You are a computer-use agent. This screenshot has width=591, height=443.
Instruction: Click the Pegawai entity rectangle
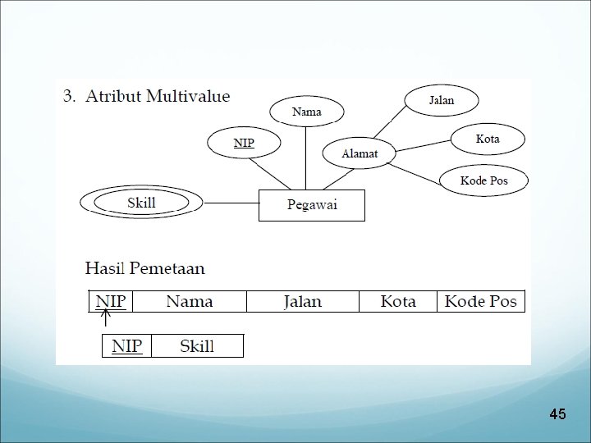pyautogui.click(x=311, y=205)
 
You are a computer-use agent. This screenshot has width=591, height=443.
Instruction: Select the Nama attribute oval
pyautogui.click(x=307, y=112)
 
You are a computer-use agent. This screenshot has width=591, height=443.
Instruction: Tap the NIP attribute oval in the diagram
pyautogui.click(x=243, y=144)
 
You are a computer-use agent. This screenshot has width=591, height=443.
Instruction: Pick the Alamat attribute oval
pyautogui.click(x=358, y=153)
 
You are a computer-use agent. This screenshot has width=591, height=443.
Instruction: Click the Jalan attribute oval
pyautogui.click(x=441, y=101)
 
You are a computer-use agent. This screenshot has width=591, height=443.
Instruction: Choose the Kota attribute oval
pyautogui.click(x=487, y=139)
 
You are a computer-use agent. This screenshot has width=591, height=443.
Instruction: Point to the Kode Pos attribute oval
pyautogui.click(x=483, y=180)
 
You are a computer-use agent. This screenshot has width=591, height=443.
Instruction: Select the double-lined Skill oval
pyautogui.click(x=141, y=203)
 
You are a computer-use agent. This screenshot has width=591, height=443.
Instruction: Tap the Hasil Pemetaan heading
pyautogui.click(x=145, y=268)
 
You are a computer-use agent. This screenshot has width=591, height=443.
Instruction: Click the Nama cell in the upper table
pyautogui.click(x=190, y=301)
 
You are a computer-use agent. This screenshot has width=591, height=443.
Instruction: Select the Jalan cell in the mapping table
pyautogui.click(x=302, y=301)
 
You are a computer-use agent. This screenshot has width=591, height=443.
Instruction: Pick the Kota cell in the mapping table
pyautogui.click(x=398, y=301)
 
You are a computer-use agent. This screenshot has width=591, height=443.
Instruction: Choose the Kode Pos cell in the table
pyautogui.click(x=480, y=301)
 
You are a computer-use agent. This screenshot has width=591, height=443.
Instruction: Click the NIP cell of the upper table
pyautogui.click(x=111, y=301)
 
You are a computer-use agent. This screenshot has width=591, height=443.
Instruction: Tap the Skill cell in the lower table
pyautogui.click(x=197, y=346)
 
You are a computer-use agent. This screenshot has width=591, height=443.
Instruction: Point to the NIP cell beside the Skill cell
pyautogui.click(x=126, y=346)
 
